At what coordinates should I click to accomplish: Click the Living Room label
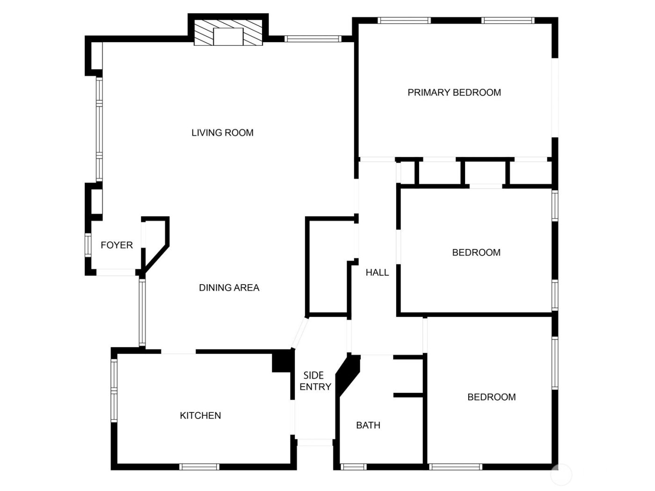222,133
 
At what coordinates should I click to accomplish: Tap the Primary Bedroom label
454,93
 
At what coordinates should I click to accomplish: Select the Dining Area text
229,288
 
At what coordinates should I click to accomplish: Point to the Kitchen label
200,416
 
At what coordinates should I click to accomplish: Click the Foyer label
116,245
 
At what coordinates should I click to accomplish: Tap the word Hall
377,272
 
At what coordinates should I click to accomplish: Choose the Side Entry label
315,381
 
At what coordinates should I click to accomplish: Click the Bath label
368,425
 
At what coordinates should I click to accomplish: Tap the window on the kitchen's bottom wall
199,467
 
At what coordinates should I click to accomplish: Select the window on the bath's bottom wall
353,467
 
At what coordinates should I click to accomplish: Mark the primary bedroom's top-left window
404,20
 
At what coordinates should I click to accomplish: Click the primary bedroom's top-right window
508,20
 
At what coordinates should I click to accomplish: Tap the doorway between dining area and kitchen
178,352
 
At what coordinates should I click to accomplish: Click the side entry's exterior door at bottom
315,442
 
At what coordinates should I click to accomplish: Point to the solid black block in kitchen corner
282,361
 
